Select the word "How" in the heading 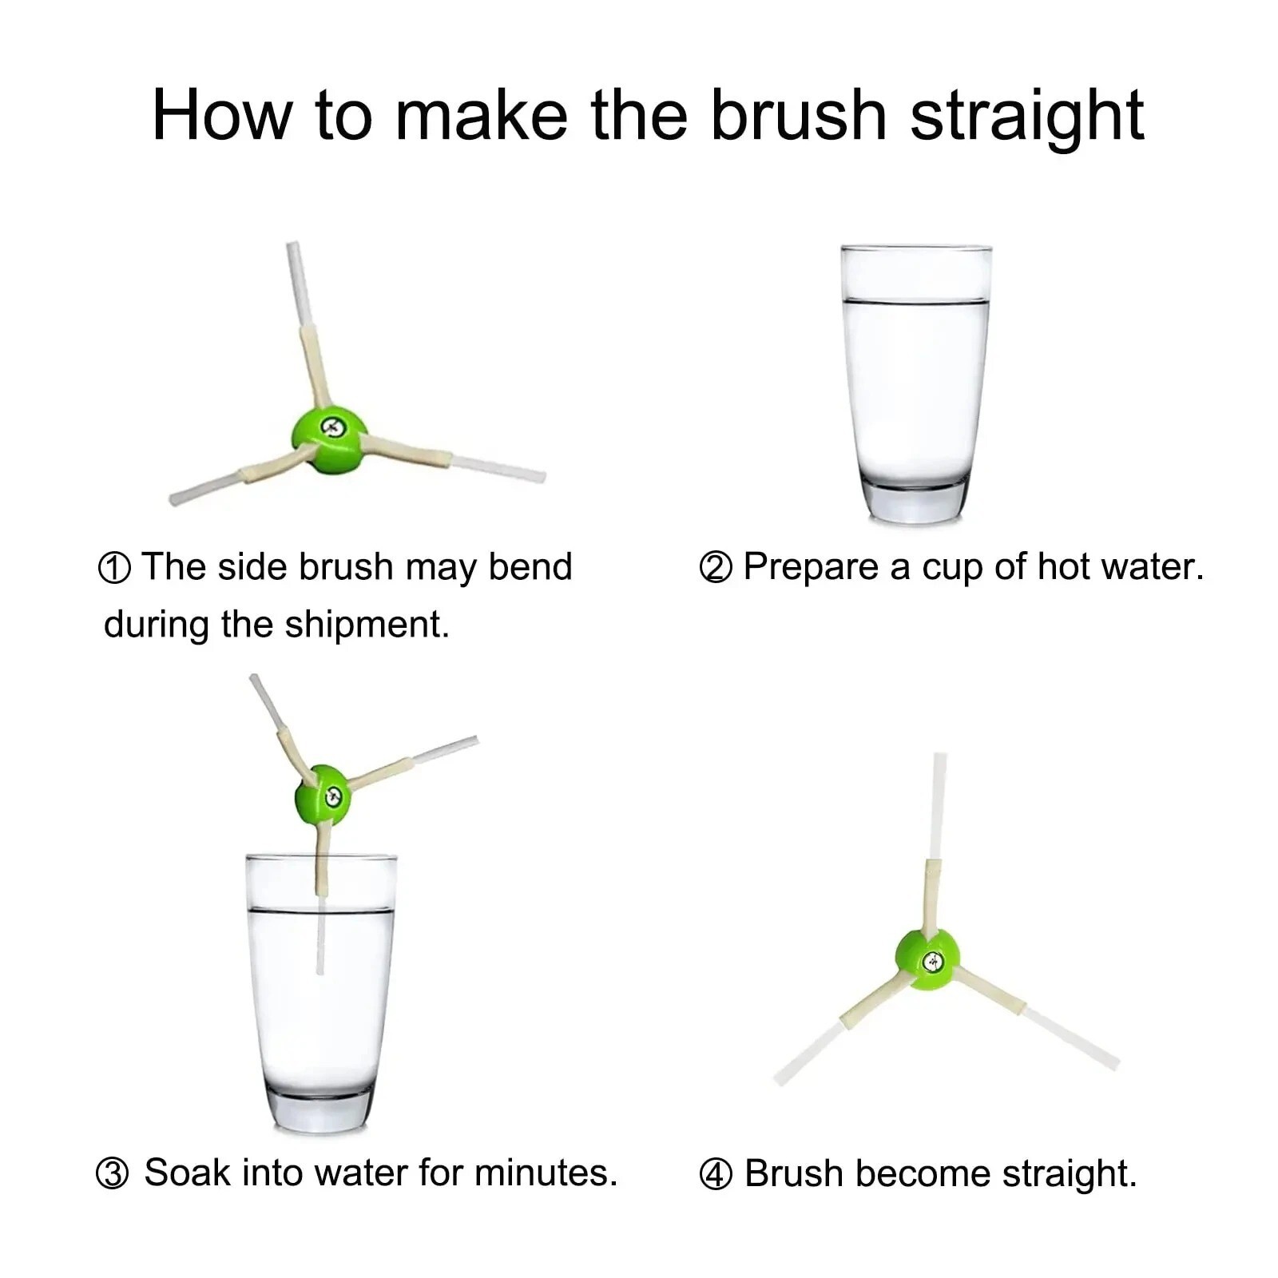[222, 115]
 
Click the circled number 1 [113, 569]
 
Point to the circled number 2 [715, 568]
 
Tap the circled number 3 [112, 1174]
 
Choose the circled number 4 [715, 1175]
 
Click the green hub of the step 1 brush [329, 439]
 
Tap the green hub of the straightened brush [927, 958]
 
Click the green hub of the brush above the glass [323, 795]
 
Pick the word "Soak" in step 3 [187, 1173]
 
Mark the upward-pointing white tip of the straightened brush [939, 756]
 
